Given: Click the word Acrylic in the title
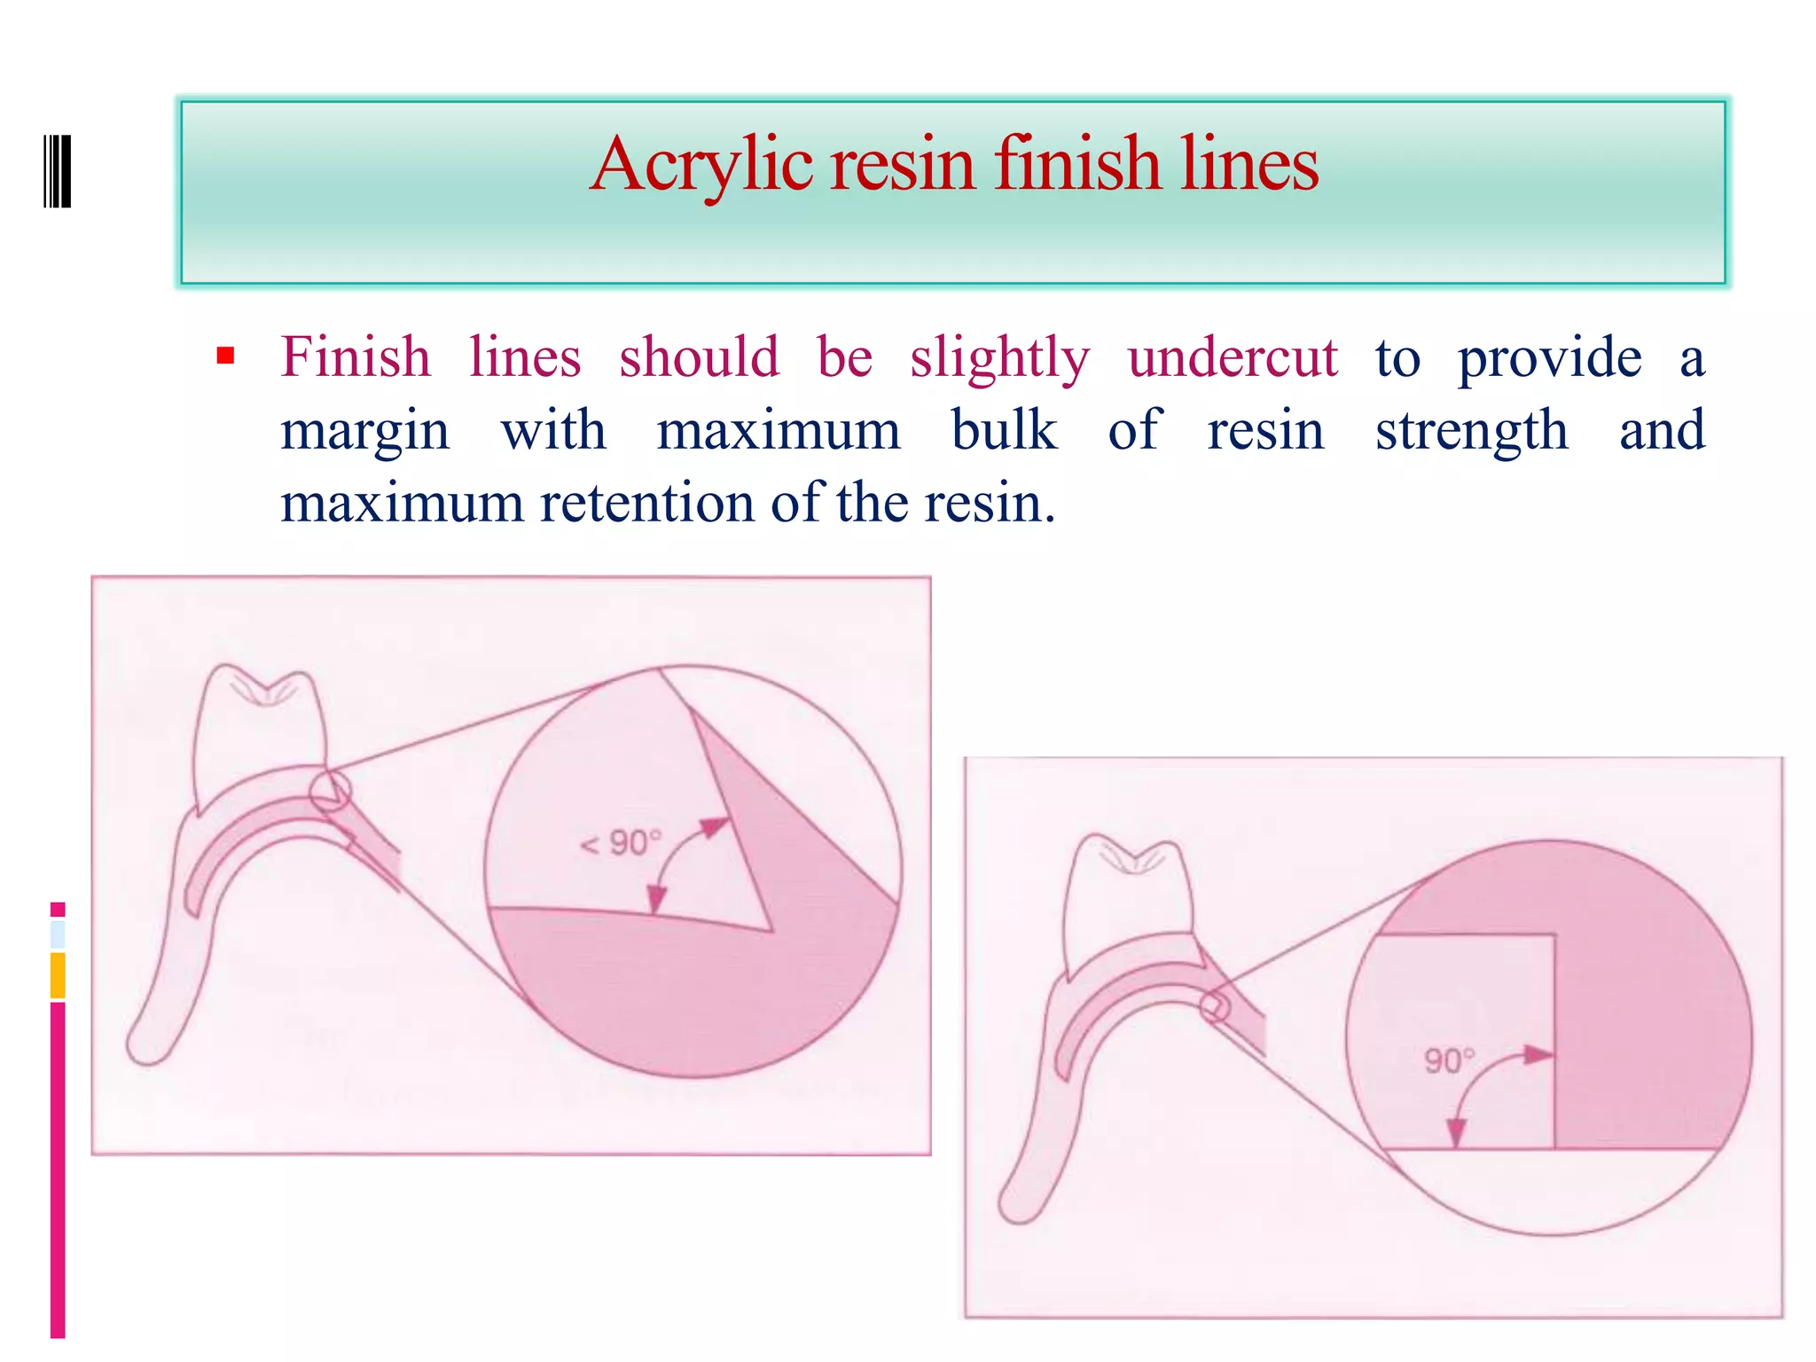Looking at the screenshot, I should point(701,164).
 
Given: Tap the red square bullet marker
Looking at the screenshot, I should point(225,356).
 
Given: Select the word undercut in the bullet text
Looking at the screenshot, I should point(1232,358).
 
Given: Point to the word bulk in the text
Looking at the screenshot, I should point(1004,431).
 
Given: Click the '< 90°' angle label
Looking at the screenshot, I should point(620,843).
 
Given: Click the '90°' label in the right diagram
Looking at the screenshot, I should point(1449,1061).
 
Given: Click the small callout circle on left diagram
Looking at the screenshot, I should point(330,791).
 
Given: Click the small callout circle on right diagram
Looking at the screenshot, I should point(1216,1007).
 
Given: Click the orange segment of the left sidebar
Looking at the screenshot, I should point(58,975).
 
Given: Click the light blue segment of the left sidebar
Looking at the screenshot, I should point(58,935).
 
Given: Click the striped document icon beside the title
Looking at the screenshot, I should point(58,170).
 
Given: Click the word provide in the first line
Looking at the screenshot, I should point(1549,358).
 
